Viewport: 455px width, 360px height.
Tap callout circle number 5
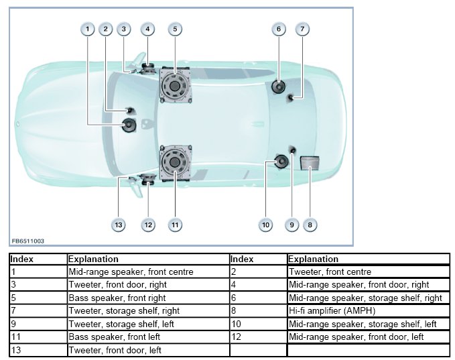174,29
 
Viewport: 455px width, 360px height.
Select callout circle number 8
310,225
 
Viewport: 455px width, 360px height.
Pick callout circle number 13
119,225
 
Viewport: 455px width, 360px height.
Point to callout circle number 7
302,29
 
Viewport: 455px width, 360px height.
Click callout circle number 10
266,225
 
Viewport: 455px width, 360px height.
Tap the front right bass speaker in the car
175,87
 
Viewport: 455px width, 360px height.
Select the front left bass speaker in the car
175,163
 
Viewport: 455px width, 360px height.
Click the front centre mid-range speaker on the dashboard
129,124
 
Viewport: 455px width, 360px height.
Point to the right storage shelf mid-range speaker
279,86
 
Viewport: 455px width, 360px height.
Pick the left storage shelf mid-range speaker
279,162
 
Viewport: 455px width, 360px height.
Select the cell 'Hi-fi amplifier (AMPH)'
368,310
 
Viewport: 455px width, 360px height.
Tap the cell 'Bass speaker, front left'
147,336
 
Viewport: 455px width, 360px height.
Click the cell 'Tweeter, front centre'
368,272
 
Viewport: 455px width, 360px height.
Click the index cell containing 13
38,349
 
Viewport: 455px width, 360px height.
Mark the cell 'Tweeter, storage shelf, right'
147,310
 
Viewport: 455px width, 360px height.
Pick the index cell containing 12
258,336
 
